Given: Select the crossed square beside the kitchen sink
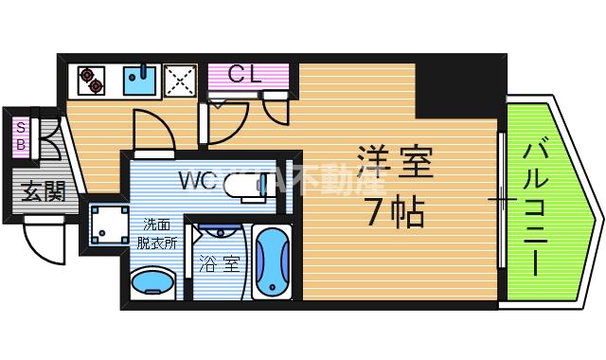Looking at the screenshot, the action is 179,81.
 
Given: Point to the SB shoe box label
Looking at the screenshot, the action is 20,136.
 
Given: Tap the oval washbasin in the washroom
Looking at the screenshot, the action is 152,281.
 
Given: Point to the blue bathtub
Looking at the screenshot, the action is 273,261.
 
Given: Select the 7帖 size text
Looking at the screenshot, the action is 395,210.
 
